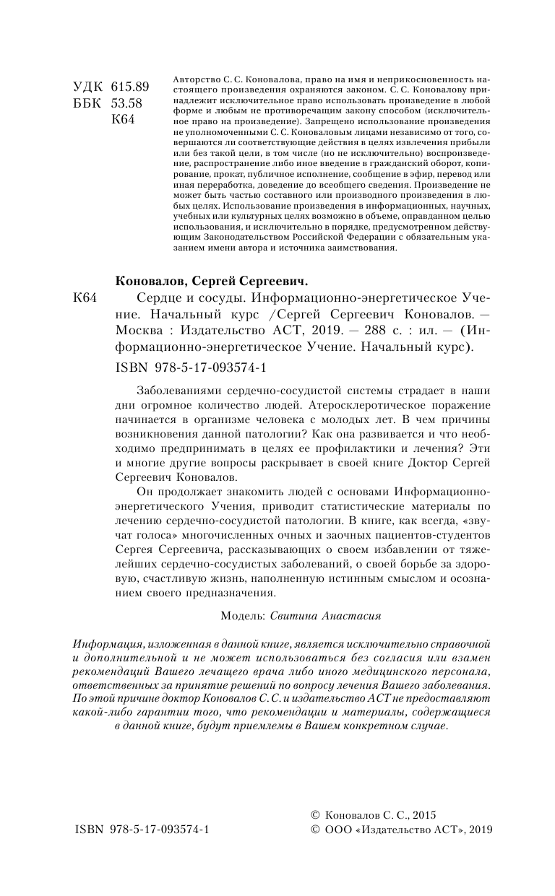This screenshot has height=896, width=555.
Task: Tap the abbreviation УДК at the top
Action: [x=88, y=87]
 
